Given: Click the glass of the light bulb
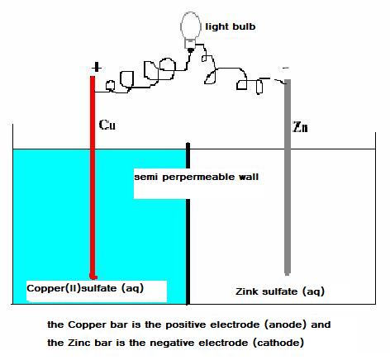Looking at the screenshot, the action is click(190, 26).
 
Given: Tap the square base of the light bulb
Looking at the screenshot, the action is click(190, 44).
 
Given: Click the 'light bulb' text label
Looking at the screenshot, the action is click(231, 26).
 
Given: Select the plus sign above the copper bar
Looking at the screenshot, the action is click(96, 67).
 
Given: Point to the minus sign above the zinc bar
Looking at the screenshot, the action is click(286, 68).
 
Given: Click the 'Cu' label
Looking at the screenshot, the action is click(107, 125).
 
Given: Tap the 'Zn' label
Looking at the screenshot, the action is click(300, 127).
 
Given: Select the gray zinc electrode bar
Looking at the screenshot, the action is click(288, 178).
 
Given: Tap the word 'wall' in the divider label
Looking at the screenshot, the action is click(249, 177).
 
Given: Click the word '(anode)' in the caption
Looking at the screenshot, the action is click(285, 324).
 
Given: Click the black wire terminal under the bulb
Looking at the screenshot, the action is click(190, 50).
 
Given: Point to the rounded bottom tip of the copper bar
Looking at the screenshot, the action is click(93, 277).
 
